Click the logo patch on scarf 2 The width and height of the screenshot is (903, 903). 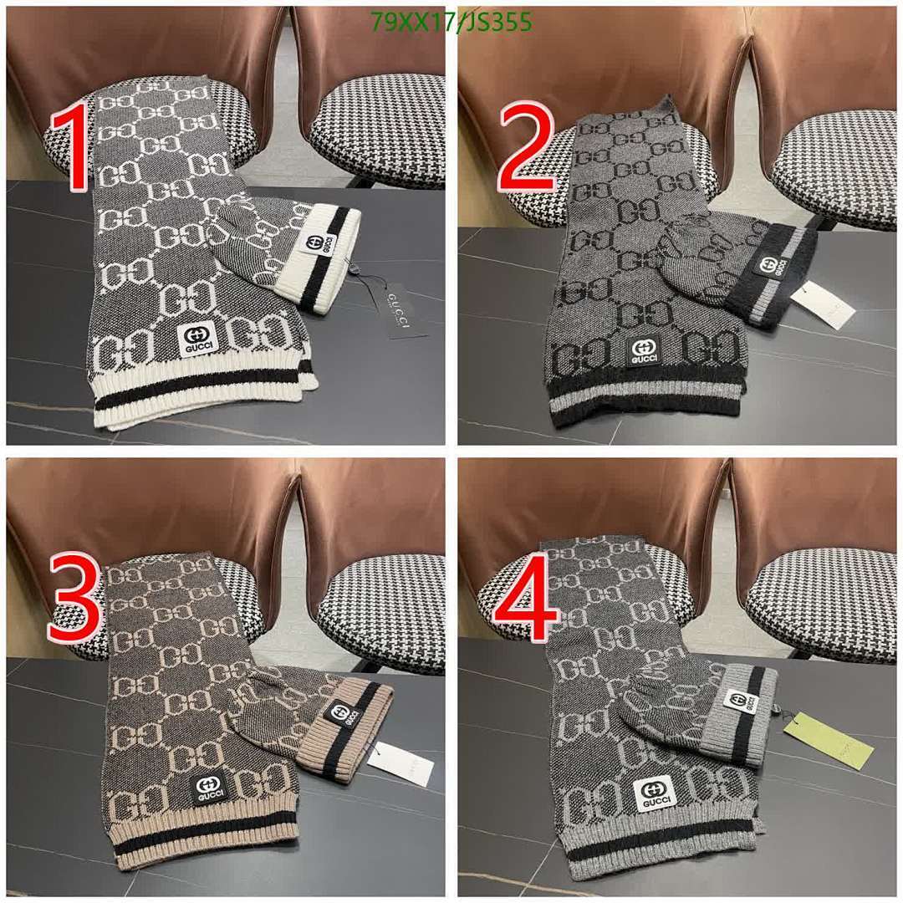(644, 352)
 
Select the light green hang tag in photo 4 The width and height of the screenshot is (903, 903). (829, 739)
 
